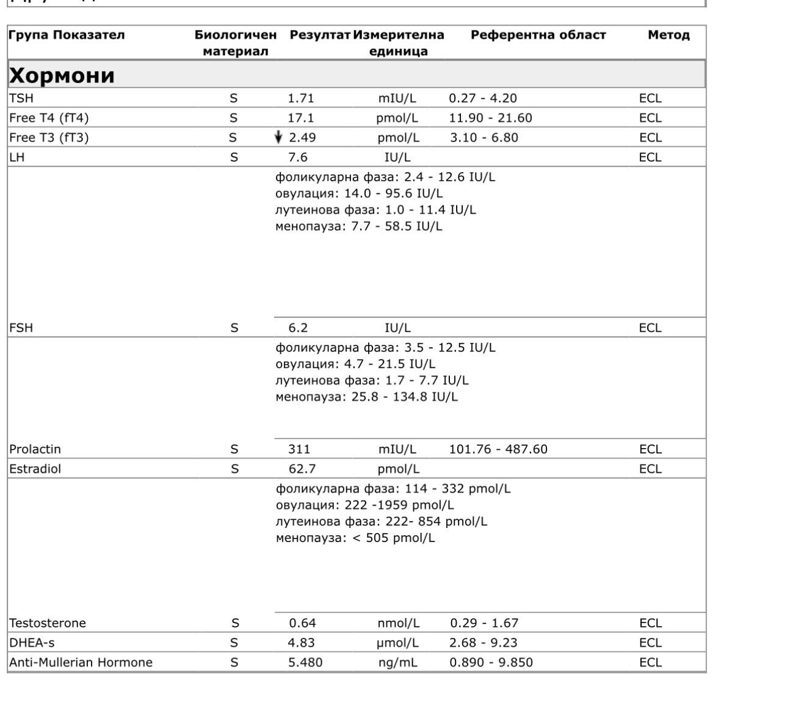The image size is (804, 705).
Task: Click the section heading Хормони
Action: click(62, 74)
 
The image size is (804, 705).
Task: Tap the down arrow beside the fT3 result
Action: click(278, 137)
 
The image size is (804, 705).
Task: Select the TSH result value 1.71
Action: click(301, 98)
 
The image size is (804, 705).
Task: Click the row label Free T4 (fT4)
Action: click(49, 118)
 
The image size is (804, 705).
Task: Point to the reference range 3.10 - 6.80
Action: click(484, 137)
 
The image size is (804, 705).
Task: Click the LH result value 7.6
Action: click(298, 157)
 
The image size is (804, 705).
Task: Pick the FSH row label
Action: click(21, 328)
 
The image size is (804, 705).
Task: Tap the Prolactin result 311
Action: click(299, 449)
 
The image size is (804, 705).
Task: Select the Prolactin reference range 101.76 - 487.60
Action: click(498, 449)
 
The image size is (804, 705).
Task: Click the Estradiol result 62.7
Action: click(302, 469)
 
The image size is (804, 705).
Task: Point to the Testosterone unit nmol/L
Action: click(398, 623)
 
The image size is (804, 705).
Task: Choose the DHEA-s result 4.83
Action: click(302, 643)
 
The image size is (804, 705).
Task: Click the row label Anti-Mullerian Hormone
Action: click(81, 662)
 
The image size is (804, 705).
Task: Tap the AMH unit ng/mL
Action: click(398, 662)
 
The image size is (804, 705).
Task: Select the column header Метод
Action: click(668, 35)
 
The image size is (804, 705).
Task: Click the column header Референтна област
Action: click(538, 35)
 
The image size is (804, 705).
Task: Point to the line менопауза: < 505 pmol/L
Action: click(355, 538)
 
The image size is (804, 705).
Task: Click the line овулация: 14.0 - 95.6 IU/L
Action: click(359, 193)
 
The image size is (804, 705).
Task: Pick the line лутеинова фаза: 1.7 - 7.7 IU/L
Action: click(372, 381)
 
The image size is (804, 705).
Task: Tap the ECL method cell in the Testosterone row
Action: click(650, 623)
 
